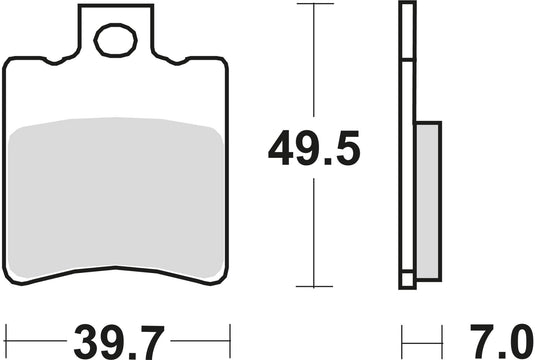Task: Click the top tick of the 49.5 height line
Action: (x=315, y=4)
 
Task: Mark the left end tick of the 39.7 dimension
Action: (x=5, y=332)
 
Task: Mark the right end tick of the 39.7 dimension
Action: (x=230, y=332)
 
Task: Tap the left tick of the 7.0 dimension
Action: (x=402, y=332)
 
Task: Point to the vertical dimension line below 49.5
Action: (x=315, y=230)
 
